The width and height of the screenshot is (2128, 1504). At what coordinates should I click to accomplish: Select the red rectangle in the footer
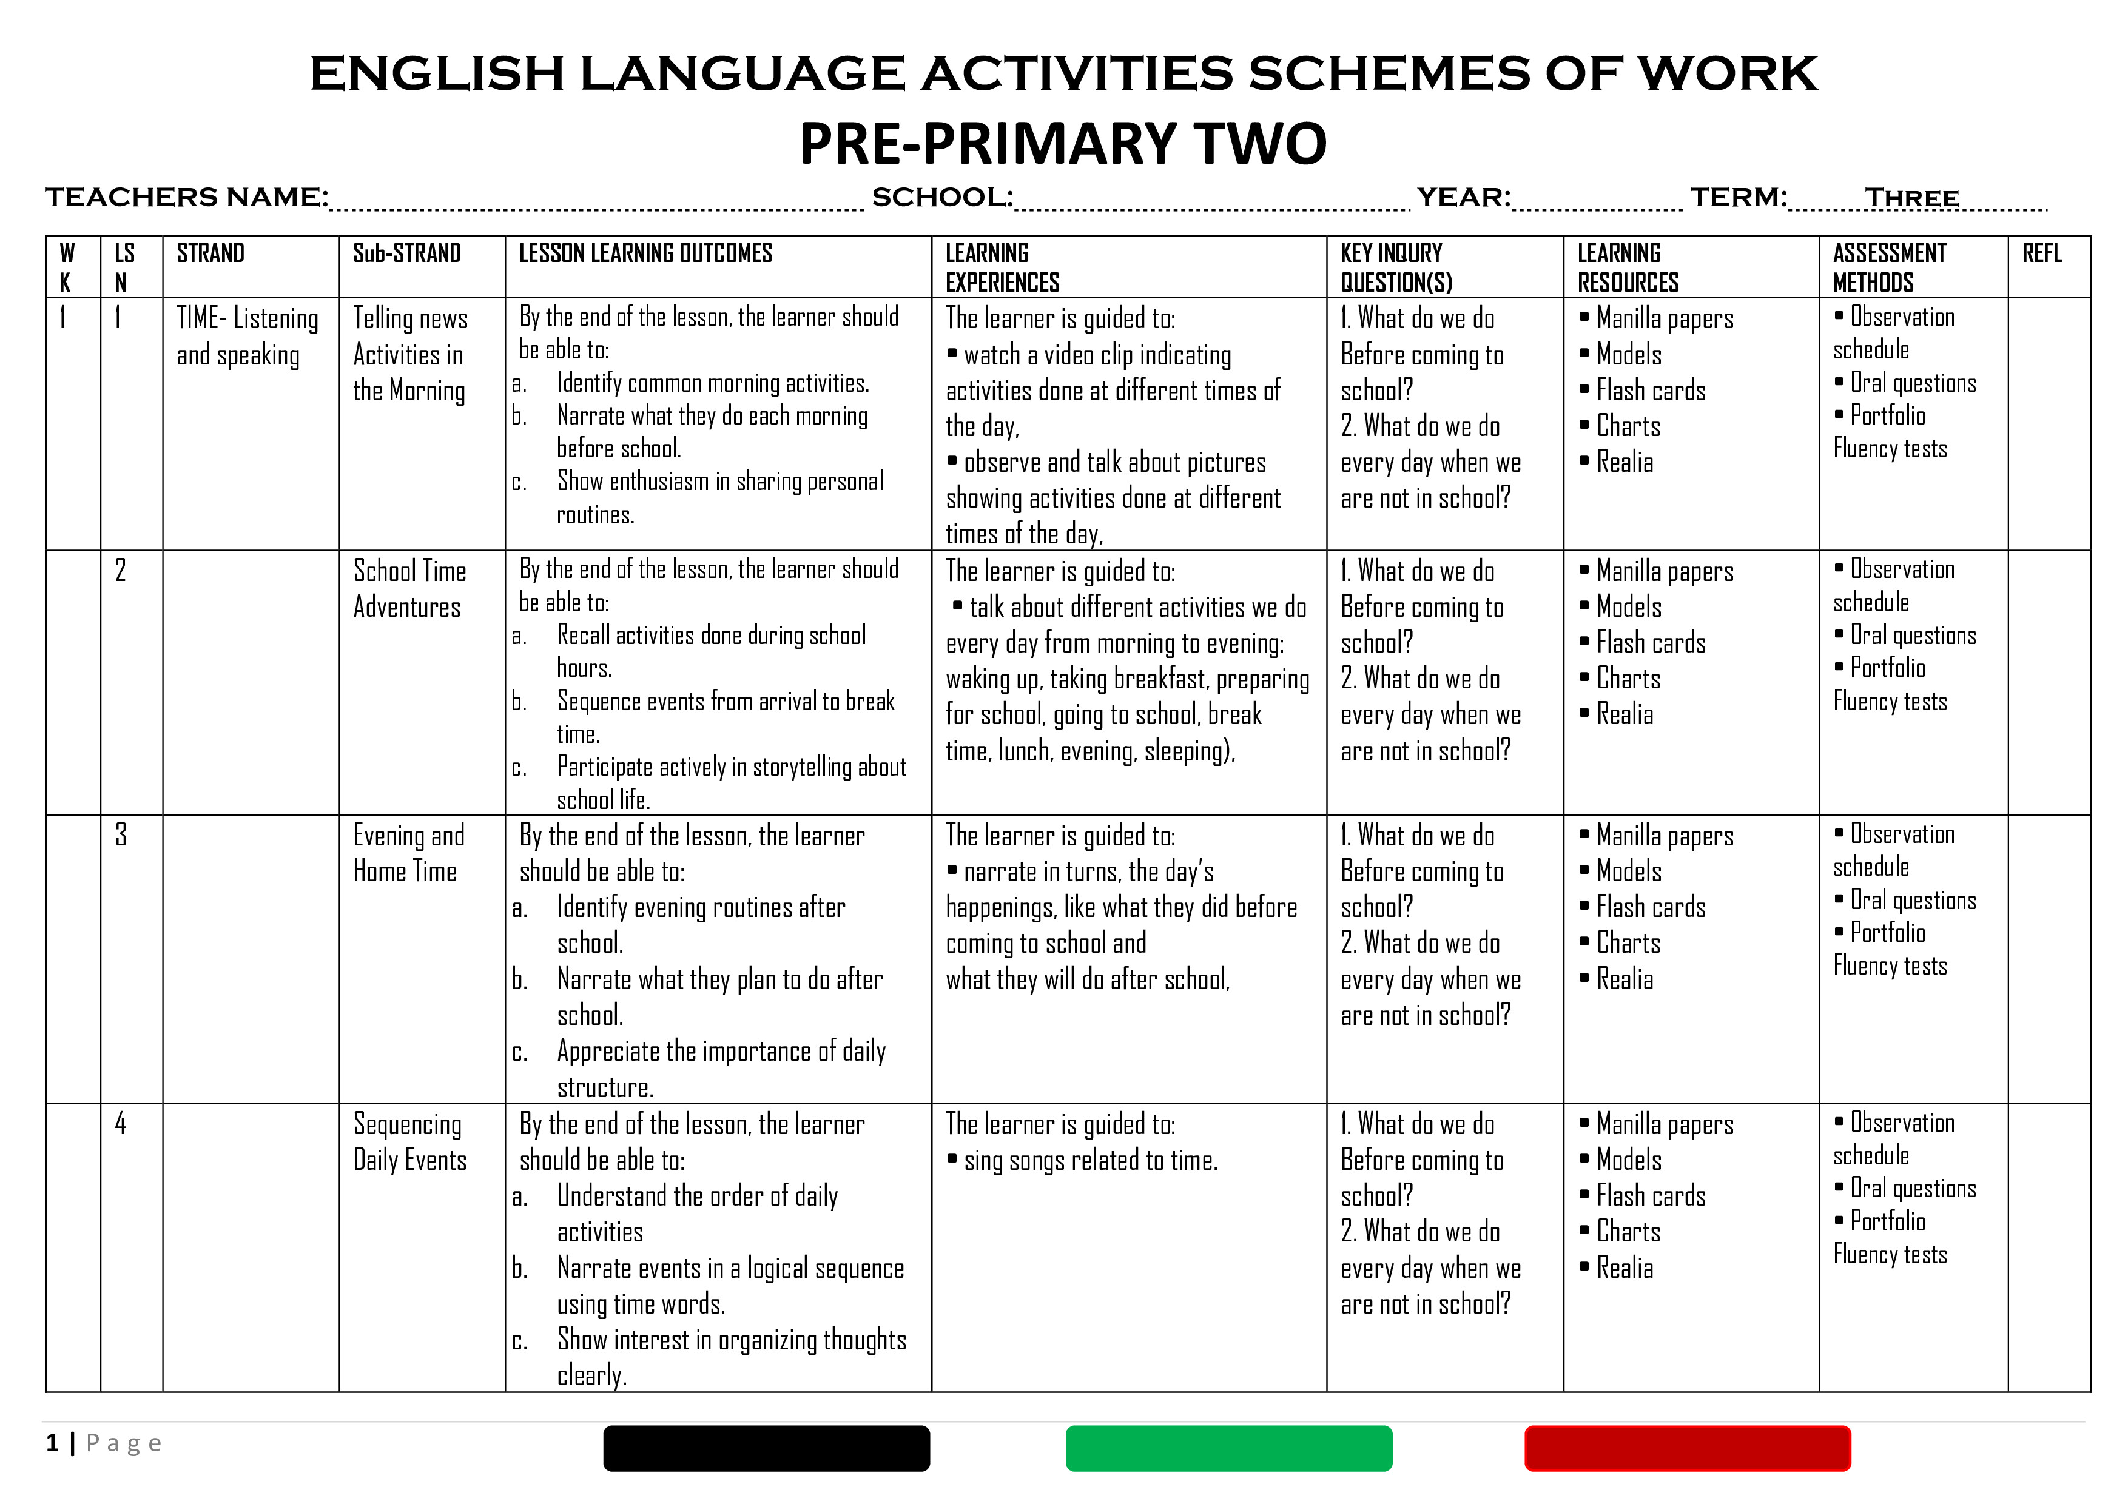coord(1687,1448)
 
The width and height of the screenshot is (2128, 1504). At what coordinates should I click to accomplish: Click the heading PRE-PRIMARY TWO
coord(1063,144)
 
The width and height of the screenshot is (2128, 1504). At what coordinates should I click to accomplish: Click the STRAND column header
coord(210,253)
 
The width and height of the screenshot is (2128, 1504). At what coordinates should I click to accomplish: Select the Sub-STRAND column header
coord(407,253)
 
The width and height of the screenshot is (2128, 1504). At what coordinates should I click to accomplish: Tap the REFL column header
coord(2042,253)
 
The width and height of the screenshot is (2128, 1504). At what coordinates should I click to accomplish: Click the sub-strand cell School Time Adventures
coord(409,588)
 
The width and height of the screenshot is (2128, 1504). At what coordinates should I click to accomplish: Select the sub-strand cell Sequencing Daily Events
coord(409,1142)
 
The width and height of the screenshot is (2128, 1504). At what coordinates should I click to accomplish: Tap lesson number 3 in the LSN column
coord(121,835)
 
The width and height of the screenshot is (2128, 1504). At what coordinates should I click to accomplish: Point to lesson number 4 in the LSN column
coord(121,1123)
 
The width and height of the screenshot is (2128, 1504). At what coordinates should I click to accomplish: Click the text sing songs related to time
coord(1090,1160)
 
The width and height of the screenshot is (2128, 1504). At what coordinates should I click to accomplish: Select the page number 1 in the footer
coord(53,1443)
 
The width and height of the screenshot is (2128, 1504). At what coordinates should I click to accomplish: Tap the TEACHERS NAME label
coord(186,197)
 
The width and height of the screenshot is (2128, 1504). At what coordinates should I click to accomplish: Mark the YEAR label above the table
coord(1463,197)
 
